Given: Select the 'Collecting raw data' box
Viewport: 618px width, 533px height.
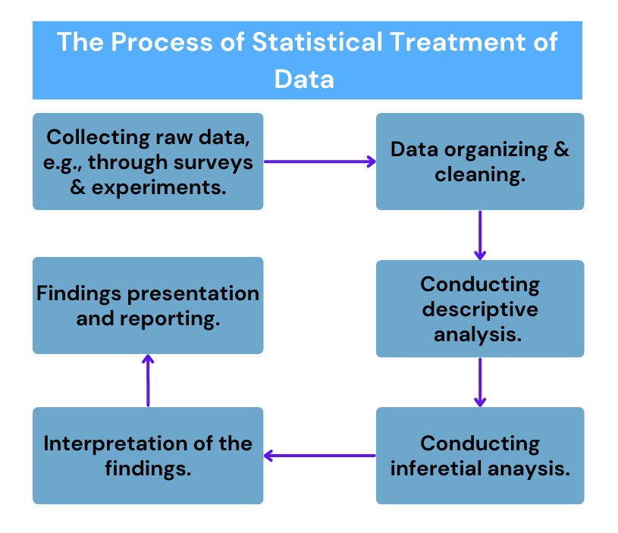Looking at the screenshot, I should tap(148, 161).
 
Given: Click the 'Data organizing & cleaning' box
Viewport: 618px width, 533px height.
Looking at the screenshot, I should tap(480, 161).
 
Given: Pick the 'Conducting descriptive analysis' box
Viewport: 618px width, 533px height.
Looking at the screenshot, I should tap(480, 309).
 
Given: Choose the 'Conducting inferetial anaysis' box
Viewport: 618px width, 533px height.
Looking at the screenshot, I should tap(480, 456).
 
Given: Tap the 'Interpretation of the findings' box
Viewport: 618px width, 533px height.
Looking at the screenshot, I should tap(148, 456).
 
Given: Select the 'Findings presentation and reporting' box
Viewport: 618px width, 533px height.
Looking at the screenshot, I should tap(148, 306).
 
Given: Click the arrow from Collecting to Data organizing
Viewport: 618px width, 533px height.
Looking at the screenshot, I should tap(319, 161).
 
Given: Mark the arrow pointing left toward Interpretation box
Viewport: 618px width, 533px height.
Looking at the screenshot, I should tap(319, 456).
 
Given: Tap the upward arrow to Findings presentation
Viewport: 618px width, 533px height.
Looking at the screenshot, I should tap(148, 381).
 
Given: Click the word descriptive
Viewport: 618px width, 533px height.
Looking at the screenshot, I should tap(480, 309).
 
